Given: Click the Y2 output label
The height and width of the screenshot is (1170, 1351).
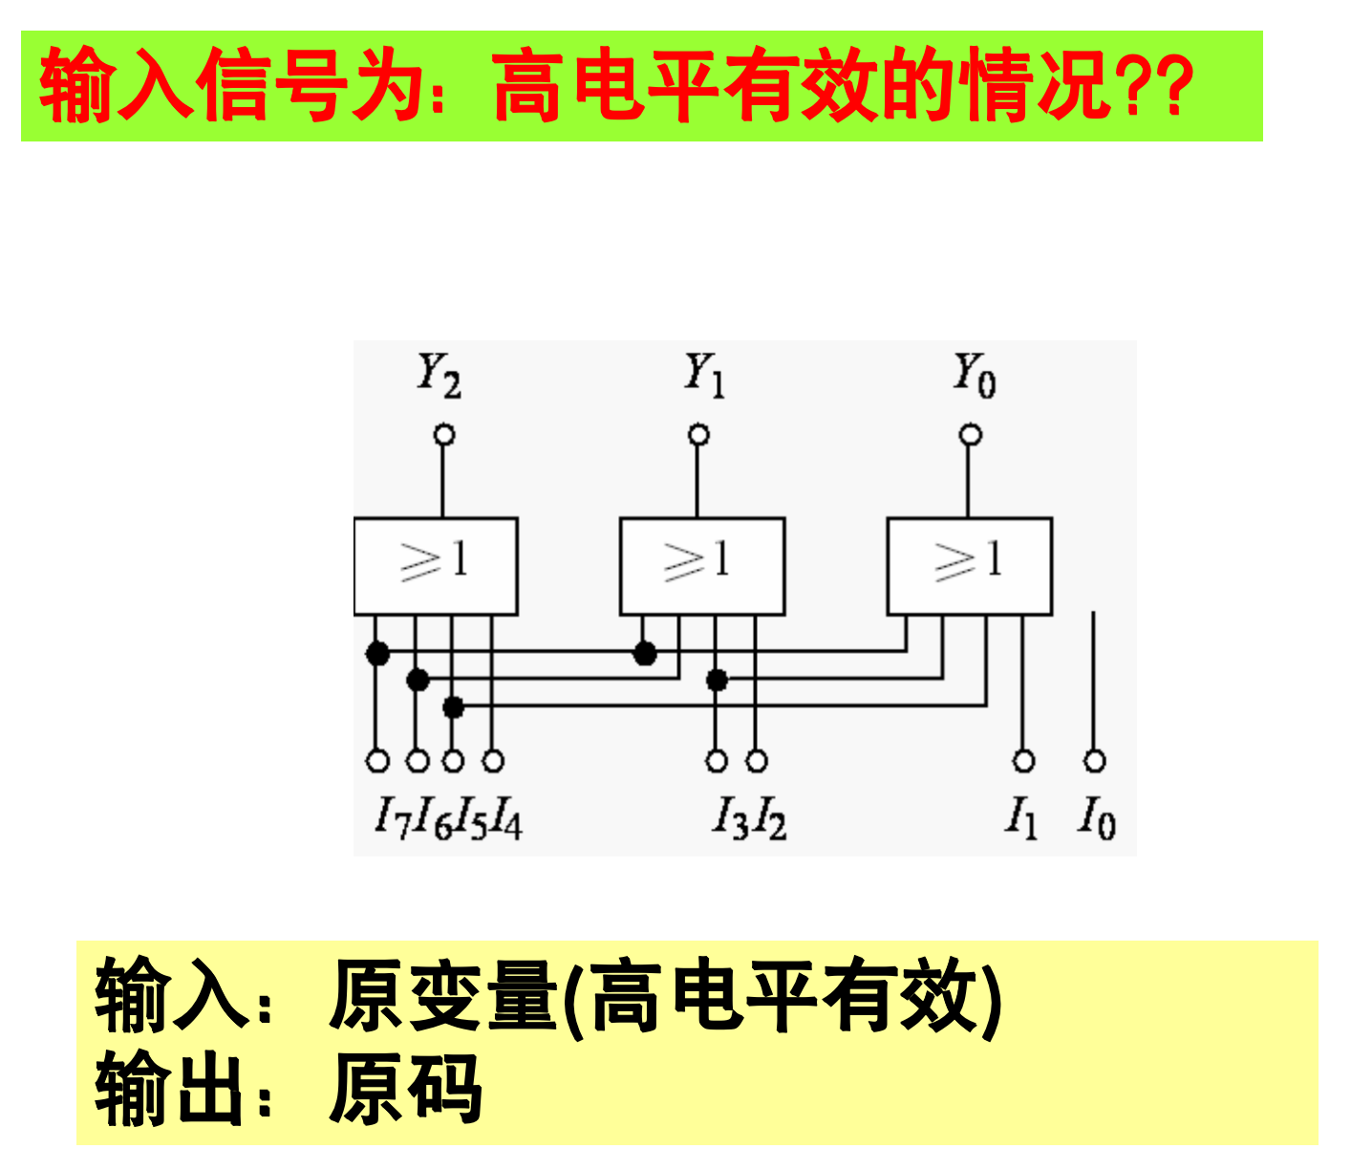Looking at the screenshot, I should point(440,374).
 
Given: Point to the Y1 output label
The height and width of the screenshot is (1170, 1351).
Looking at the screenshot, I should point(704,374).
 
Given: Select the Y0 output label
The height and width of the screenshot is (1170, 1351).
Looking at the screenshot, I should point(975,374).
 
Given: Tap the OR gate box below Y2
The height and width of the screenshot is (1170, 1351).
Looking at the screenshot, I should point(436,566).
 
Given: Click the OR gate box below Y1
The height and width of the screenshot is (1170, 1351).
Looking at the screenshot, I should point(702,566).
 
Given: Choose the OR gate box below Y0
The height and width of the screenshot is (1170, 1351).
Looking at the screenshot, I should point(970,566).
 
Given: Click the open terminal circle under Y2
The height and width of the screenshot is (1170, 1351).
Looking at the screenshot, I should point(443,436).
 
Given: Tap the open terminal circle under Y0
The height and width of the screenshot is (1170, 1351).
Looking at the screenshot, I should point(971,436).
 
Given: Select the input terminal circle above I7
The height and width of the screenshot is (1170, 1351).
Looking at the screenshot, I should point(378,762).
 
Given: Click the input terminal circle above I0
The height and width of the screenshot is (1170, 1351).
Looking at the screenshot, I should point(1095,762).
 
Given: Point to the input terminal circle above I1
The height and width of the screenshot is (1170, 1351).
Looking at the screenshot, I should point(1024,762).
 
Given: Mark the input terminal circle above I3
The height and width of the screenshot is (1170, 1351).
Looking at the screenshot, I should point(717,762).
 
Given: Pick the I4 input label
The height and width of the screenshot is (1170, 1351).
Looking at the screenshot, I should point(507,818).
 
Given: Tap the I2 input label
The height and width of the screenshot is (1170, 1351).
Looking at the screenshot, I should point(770,818).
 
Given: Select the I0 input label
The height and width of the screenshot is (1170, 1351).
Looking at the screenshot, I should point(1097,818).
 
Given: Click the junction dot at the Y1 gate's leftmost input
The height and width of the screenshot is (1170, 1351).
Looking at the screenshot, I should point(646,654).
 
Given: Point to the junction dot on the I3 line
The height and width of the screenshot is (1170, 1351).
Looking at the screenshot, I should point(717,681).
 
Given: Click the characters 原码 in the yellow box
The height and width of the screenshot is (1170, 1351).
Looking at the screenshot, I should point(405,1089).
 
